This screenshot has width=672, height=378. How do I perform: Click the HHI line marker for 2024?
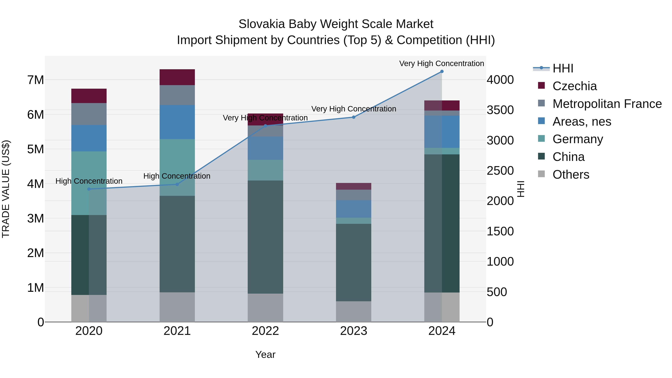coord(442,71)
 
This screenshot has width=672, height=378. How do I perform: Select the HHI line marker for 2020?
coord(89,189)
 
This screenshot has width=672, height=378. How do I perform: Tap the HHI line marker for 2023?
coord(354,117)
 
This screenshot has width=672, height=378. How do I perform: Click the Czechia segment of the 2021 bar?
coord(177,77)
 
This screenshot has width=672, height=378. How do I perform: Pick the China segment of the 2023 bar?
coord(354,262)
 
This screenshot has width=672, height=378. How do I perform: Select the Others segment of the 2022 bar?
coord(265,308)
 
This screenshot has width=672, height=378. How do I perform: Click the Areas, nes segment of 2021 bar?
coord(177,122)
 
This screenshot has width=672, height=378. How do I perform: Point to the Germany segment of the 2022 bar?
coord(265,170)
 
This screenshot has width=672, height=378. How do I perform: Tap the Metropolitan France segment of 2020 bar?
coord(89,114)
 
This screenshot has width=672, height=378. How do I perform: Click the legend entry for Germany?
coord(578,139)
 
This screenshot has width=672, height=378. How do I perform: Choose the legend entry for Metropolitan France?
coord(607,104)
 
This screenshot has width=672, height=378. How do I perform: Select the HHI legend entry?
coord(563,68)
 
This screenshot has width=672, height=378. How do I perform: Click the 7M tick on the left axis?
coord(35,80)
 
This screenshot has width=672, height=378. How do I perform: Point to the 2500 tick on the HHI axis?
coord(500,171)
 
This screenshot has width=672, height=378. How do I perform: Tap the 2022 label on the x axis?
coord(265,331)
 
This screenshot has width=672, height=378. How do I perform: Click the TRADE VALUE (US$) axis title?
coord(6,189)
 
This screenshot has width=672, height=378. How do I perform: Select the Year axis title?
coord(265,354)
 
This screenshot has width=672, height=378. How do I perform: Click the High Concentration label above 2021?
coord(177,176)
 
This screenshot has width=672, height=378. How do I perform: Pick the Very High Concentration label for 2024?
coord(441,63)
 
